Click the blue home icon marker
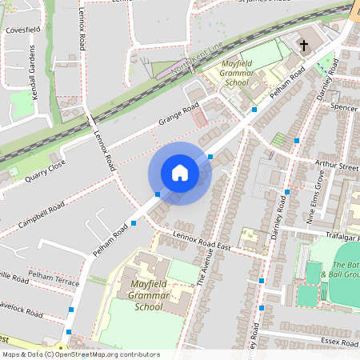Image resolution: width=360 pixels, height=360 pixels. (179, 173)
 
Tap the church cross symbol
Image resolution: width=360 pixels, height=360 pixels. (304, 46)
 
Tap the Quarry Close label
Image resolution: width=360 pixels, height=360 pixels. (45, 169)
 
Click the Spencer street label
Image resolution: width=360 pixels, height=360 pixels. (342, 106)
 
